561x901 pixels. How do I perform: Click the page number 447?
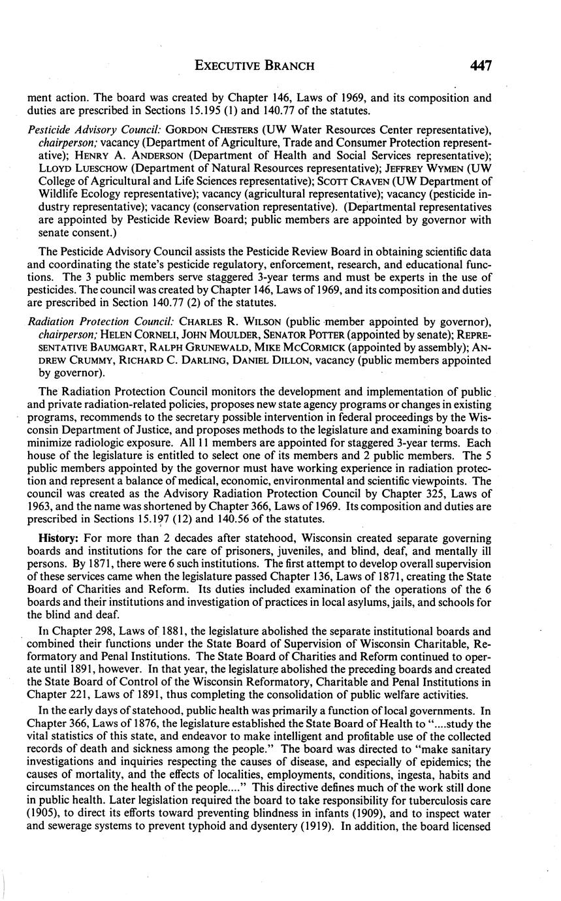coord(479,65)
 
